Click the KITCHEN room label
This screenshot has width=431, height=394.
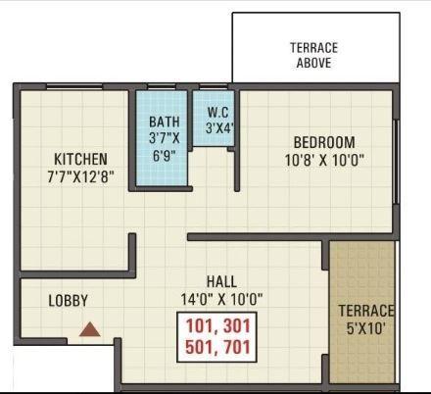81,159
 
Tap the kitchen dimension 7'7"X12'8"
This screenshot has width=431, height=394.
81,176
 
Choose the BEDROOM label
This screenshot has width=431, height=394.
319,142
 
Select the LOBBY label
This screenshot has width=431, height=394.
69,301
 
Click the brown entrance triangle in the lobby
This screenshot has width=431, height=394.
90,331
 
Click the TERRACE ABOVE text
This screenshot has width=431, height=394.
313,55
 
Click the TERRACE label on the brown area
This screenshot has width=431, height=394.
366,311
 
